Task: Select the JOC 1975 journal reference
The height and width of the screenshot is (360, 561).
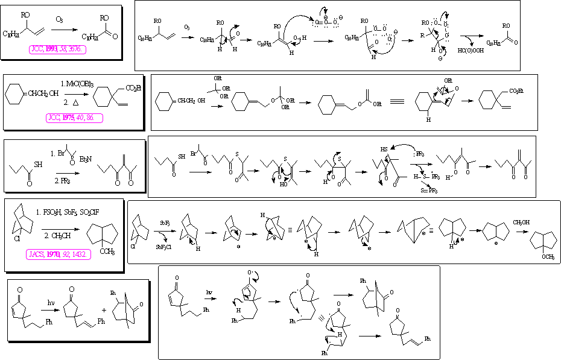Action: pos(74,118)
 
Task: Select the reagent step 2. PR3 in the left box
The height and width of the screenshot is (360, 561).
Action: pos(63,180)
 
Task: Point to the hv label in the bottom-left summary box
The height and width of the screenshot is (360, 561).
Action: pos(52,302)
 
